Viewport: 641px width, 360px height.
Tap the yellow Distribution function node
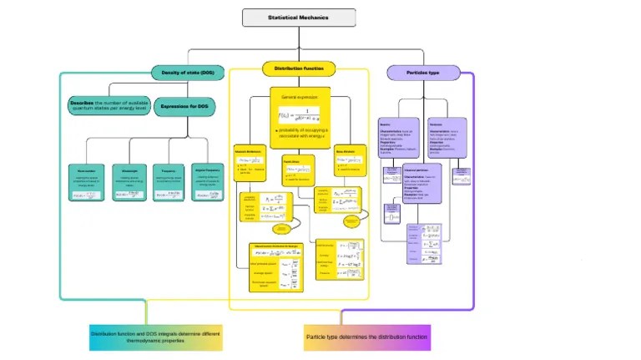299,68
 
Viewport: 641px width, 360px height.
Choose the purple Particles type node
422,73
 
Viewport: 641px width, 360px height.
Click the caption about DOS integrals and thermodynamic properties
156,337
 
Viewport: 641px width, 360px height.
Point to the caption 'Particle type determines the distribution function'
366,337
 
